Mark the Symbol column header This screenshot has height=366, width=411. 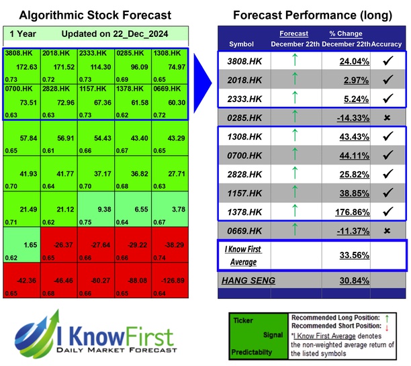click(242, 44)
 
